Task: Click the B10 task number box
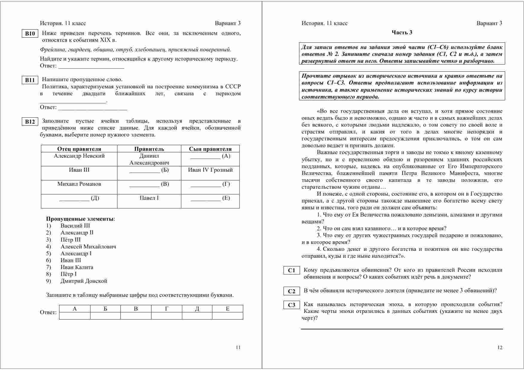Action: tap(30, 33)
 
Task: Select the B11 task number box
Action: tap(30, 80)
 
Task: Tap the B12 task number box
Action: tap(30, 122)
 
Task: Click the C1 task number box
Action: tap(291, 271)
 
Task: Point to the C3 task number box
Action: tap(291, 305)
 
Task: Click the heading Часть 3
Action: tap(402, 33)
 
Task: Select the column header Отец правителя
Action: tap(79, 149)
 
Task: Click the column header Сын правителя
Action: tap(210, 149)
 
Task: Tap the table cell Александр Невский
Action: tap(79, 156)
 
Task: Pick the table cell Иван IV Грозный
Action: tap(210, 170)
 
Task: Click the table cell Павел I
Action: tap(149, 198)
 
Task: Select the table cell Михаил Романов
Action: tap(79, 184)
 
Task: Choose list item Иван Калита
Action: tap(77, 267)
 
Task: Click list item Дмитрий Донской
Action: tap(84, 281)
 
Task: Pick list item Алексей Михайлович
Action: tap(88, 247)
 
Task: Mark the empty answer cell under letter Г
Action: tap(166, 316)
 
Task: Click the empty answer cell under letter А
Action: tap(75, 316)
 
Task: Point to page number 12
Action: tap(500, 347)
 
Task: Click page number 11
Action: tap(238, 347)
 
